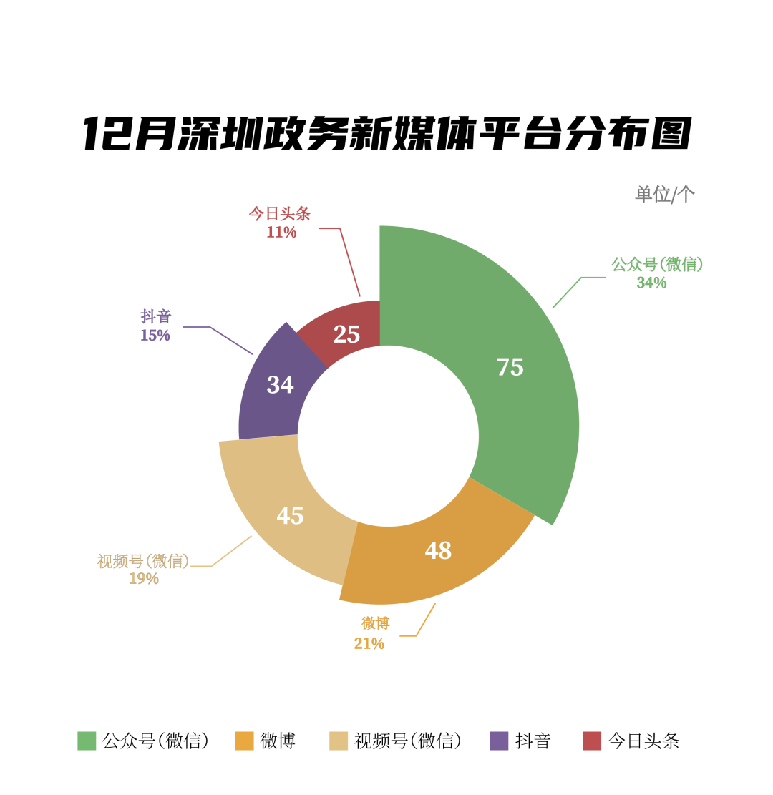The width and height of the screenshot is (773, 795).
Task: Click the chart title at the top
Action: pyautogui.click(x=386, y=134)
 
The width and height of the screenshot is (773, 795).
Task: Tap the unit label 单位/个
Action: pyautogui.click(x=664, y=194)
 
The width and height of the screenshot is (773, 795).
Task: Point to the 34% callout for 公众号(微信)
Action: pyautogui.click(x=651, y=283)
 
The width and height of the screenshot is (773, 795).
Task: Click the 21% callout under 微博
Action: pyautogui.click(x=369, y=643)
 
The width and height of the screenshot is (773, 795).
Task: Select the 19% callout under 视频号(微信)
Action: pyautogui.click(x=143, y=578)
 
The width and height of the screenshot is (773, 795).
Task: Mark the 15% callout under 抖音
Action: pyautogui.click(x=155, y=335)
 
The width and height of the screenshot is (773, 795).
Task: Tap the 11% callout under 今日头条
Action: pyautogui.click(x=281, y=232)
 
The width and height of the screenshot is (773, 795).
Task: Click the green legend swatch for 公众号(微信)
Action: pyautogui.click(x=87, y=741)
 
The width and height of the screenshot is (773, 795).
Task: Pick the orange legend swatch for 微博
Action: pyautogui.click(x=244, y=741)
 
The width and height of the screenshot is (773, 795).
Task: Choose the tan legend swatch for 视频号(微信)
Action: pyautogui.click(x=339, y=741)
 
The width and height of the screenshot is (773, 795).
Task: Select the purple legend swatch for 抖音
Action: pyautogui.click(x=499, y=741)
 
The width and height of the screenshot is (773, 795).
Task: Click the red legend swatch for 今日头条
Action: pyautogui.click(x=592, y=741)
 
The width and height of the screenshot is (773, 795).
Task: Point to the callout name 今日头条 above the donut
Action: pyautogui.click(x=280, y=213)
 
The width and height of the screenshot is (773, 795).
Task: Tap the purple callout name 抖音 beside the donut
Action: pyautogui.click(x=156, y=316)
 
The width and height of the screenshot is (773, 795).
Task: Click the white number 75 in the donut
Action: pyautogui.click(x=510, y=367)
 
